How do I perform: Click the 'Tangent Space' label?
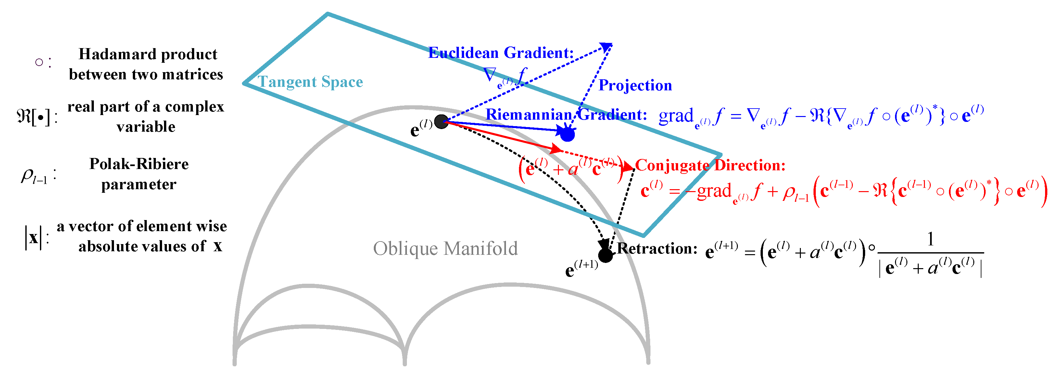point(310,82)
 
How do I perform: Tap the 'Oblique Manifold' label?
point(445,249)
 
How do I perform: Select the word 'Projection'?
point(635,85)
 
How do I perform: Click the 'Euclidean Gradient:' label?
point(501,53)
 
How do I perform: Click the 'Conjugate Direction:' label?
point(710,165)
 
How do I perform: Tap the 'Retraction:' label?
point(657,248)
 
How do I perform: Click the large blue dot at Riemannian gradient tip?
point(567,134)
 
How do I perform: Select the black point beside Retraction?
point(605,255)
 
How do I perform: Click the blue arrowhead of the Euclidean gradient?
point(607,46)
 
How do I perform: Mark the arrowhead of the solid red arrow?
point(557,148)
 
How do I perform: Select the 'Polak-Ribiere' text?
point(139,164)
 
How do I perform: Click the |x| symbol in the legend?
point(33,238)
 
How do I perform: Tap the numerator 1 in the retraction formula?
point(930,239)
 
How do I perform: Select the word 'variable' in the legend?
point(146,127)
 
